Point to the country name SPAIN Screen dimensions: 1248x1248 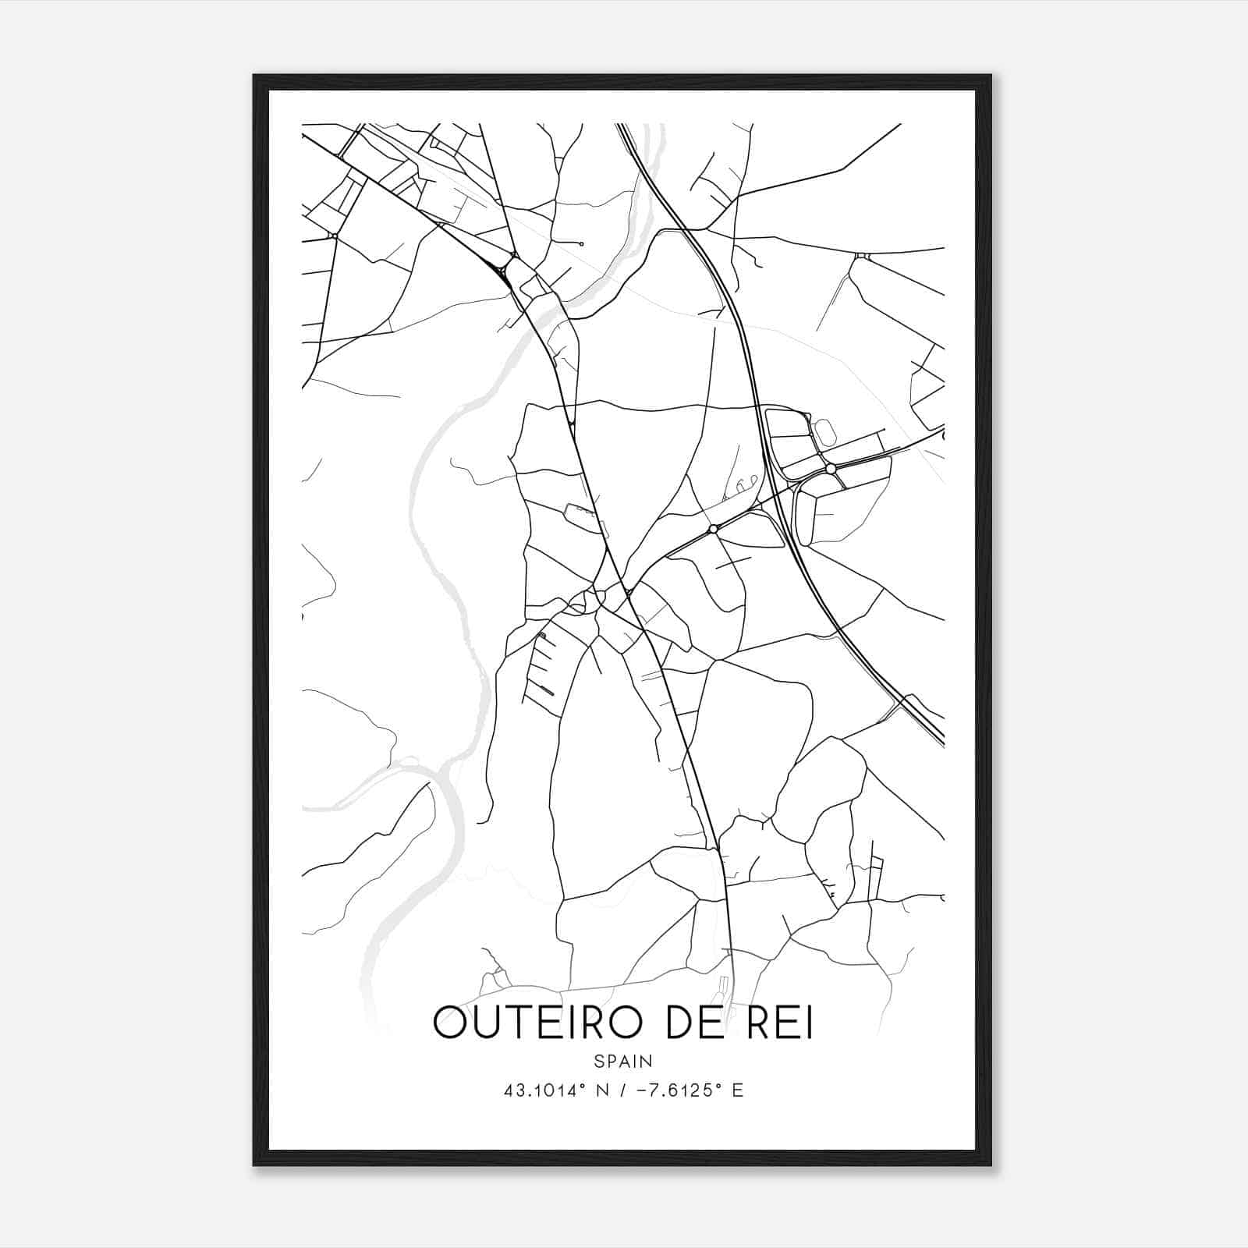click(623, 1061)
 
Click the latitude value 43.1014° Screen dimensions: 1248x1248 click(544, 1090)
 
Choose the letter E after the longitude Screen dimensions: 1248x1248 click(737, 1090)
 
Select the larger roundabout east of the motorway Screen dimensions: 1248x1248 click(831, 469)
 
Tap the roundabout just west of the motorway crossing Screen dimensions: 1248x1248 click(713, 530)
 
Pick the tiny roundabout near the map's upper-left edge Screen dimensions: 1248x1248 click(334, 236)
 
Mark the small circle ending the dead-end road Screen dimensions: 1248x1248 click(582, 243)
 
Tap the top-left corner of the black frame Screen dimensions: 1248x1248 click(254, 76)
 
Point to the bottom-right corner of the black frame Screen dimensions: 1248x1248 click(991, 1165)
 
